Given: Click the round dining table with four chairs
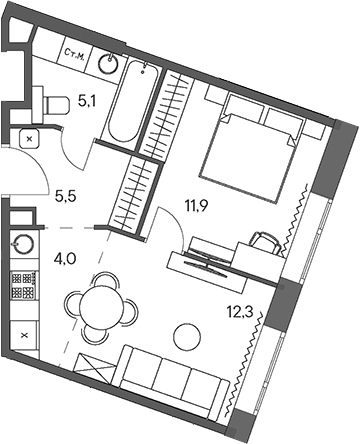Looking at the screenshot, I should [102, 304].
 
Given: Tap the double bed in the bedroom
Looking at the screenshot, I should [255, 141].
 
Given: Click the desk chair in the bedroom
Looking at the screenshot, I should [264, 241].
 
